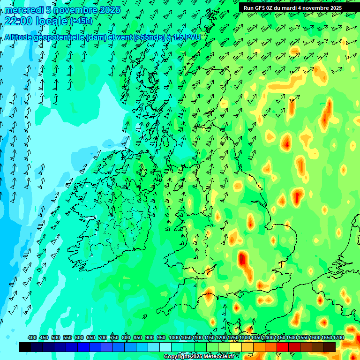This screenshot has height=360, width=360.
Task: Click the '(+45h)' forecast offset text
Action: tap(81, 21)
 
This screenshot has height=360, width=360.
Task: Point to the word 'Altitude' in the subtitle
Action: tap(22, 37)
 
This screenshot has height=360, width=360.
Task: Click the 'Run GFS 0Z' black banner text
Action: tap(258, 8)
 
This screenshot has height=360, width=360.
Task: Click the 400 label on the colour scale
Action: tap(32, 338)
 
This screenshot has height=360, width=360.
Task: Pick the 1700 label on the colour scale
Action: tap(326, 338)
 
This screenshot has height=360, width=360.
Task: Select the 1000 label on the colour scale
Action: tap(174, 338)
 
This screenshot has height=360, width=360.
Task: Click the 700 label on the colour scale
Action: tap(103, 338)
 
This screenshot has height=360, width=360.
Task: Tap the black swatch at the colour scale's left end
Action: tap(25, 347)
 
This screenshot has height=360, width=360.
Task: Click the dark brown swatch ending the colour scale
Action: tap(330, 347)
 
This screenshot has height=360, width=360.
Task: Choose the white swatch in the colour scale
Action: tap(165, 347)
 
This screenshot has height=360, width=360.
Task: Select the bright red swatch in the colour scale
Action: tap(283, 347)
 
